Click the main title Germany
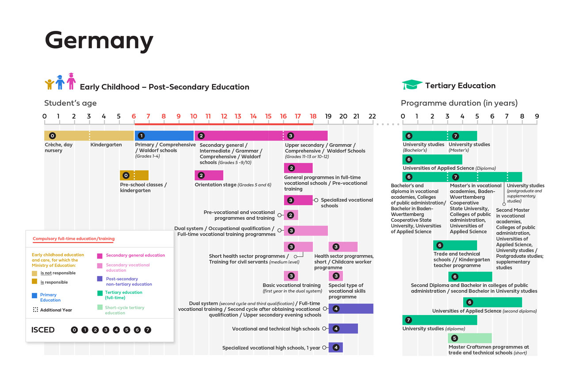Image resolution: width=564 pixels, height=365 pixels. tap(99, 41)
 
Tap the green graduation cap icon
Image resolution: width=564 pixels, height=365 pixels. tap(412, 85)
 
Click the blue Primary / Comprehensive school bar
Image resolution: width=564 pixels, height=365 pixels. tap(164, 136)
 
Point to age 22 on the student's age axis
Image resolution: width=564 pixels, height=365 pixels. tap(372, 116)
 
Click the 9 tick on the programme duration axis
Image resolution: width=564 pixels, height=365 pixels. tap(537, 116)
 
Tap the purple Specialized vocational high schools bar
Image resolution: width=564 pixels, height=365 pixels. tap(335, 347)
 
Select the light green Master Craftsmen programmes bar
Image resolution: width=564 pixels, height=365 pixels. tap(469, 338)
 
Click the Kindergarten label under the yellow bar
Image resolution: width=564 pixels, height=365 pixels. tap(106, 144)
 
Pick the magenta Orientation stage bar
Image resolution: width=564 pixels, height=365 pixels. tap(209, 175)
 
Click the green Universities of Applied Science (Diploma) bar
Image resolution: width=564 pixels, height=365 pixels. tap(432, 159)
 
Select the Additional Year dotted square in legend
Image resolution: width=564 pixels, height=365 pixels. tap(35, 310)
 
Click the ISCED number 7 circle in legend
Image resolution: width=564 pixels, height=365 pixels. tap(148, 330)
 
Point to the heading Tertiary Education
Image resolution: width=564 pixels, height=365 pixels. tap(460, 85)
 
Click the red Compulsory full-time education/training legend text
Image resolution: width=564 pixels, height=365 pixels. tap(73, 239)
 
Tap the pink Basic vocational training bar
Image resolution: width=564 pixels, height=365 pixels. tap(291, 276)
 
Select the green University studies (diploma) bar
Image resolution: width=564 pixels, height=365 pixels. tap(440, 320)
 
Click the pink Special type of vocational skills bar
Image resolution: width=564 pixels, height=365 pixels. tap(335, 276)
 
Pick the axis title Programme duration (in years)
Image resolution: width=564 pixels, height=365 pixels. tap(459, 103)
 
